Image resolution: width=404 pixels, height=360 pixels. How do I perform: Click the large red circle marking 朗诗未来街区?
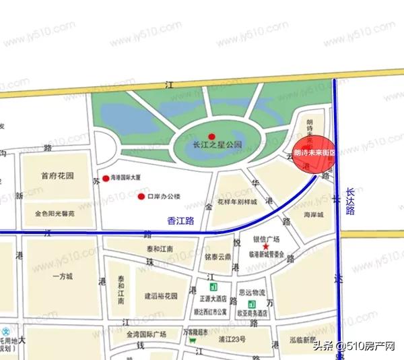(314, 154)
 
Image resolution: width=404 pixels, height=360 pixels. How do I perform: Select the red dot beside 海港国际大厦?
(106, 179)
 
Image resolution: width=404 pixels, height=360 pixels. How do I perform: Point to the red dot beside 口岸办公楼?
(141, 197)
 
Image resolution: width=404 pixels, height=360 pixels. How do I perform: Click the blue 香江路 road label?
(180, 220)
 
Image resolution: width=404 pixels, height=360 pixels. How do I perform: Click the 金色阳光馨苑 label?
(55, 214)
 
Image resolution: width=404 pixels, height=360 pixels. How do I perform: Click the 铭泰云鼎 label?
(219, 257)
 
